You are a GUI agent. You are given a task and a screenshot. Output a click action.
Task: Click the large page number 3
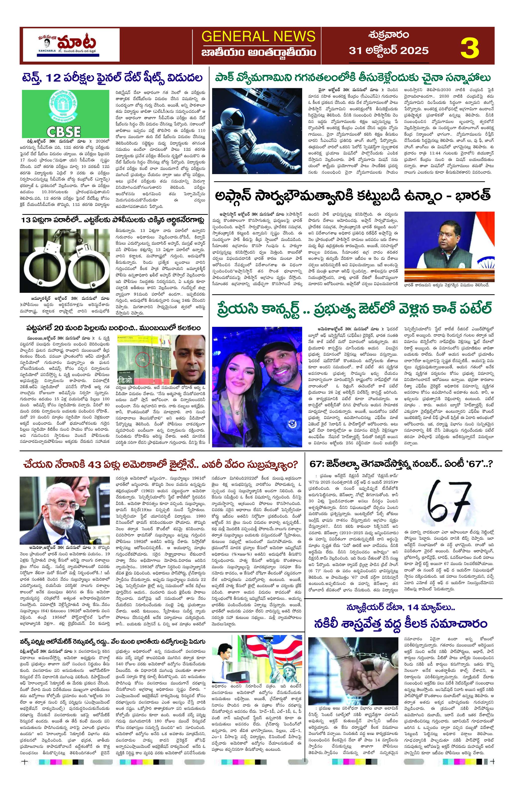pyautogui.click(x=470, y=49)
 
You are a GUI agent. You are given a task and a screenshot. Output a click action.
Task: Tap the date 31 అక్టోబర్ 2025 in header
pyautogui.click(x=389, y=51)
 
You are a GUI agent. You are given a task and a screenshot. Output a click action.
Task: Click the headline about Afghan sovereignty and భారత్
pyautogui.click(x=353, y=196)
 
